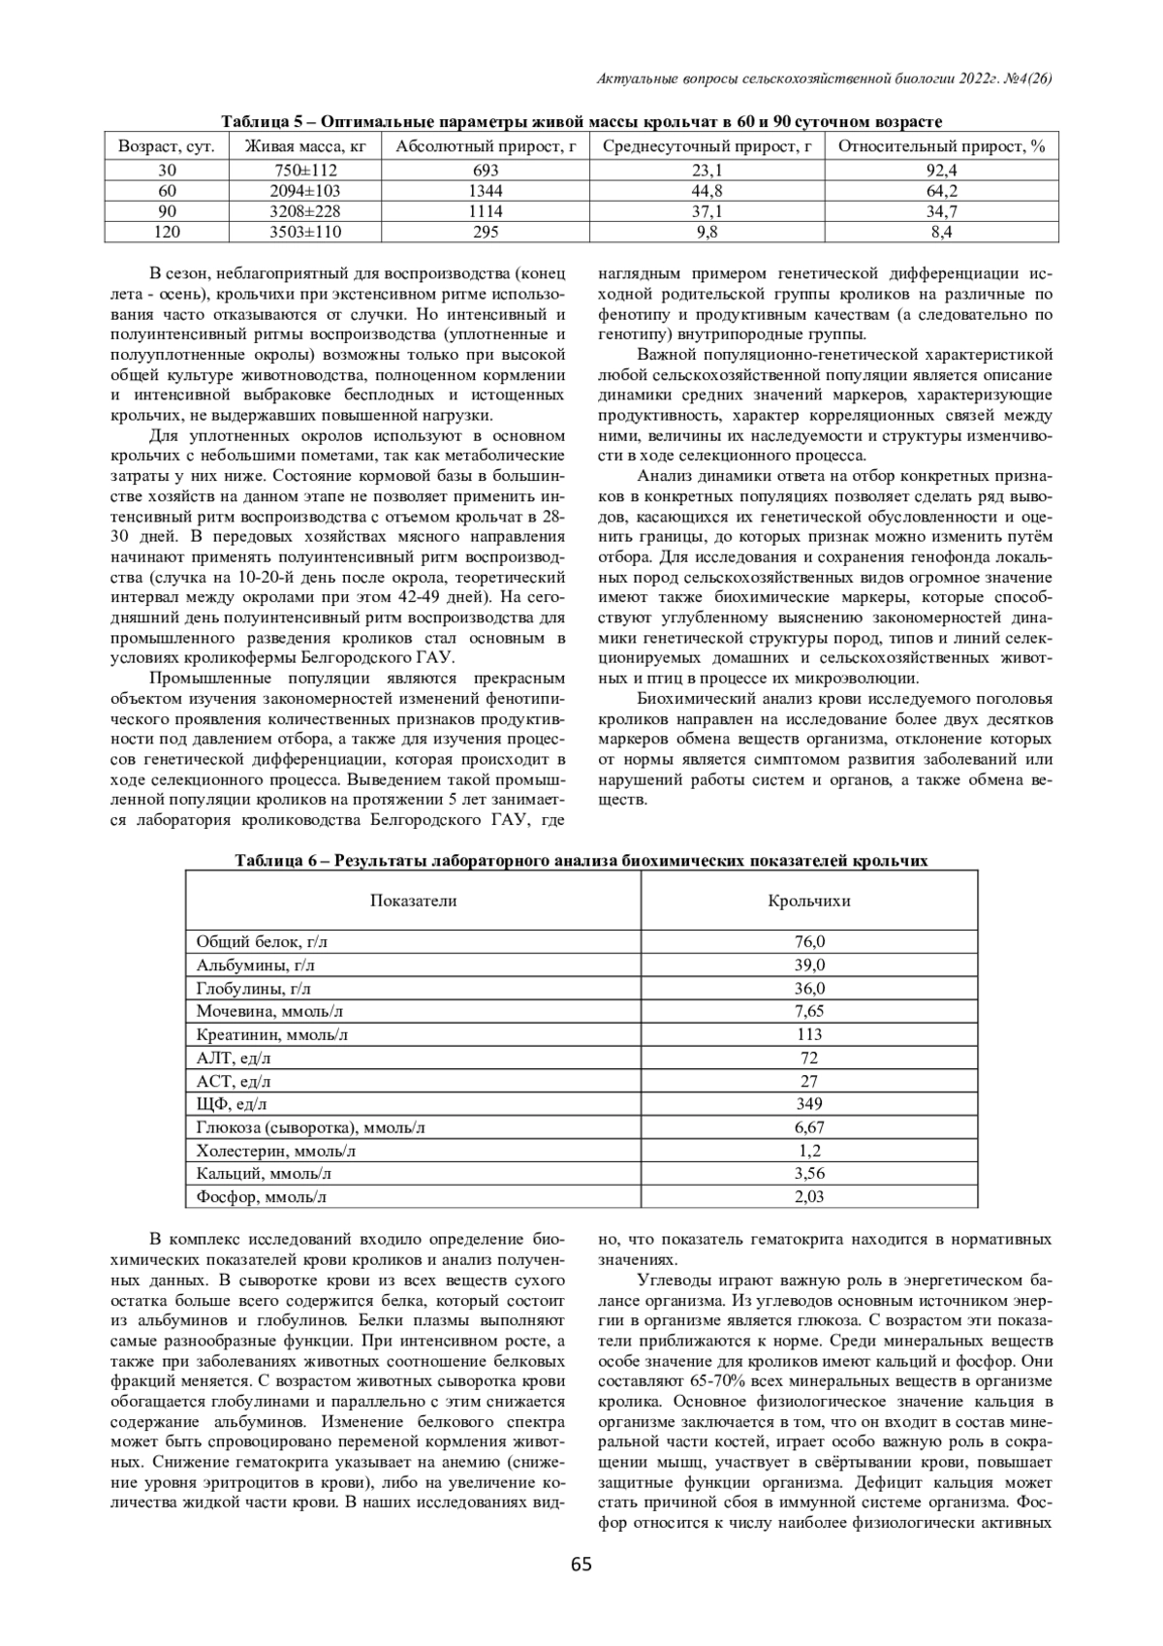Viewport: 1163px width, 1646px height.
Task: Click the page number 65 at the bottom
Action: pyautogui.click(x=581, y=1564)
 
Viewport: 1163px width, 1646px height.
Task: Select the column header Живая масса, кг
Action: pyautogui.click(x=305, y=146)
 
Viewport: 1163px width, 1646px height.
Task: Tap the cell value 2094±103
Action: pyautogui.click(x=305, y=190)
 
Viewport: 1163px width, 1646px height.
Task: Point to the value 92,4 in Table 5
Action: pyautogui.click(x=941, y=170)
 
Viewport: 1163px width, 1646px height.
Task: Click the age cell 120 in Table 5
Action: pyautogui.click(x=168, y=232)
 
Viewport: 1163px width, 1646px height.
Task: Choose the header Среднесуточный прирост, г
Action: pyautogui.click(x=707, y=146)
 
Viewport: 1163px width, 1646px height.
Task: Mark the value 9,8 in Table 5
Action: pyautogui.click(x=707, y=232)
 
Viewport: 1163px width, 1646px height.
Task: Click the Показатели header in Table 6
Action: pyautogui.click(x=413, y=901)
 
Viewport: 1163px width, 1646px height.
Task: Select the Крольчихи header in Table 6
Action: pyautogui.click(x=808, y=901)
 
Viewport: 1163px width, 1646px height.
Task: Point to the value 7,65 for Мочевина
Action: pyautogui.click(x=808, y=1011)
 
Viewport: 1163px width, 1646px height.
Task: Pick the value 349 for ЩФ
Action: pyautogui.click(x=808, y=1103)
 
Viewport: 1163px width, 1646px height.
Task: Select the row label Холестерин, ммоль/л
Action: pyautogui.click(x=275, y=1151)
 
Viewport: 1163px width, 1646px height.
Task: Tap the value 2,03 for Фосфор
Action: pyautogui.click(x=808, y=1197)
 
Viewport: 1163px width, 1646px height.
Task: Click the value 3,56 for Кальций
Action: pyautogui.click(x=808, y=1174)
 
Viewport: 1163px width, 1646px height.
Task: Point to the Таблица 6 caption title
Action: pyautogui.click(x=581, y=861)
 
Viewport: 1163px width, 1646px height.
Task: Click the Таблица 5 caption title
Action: pyautogui.click(x=581, y=122)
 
